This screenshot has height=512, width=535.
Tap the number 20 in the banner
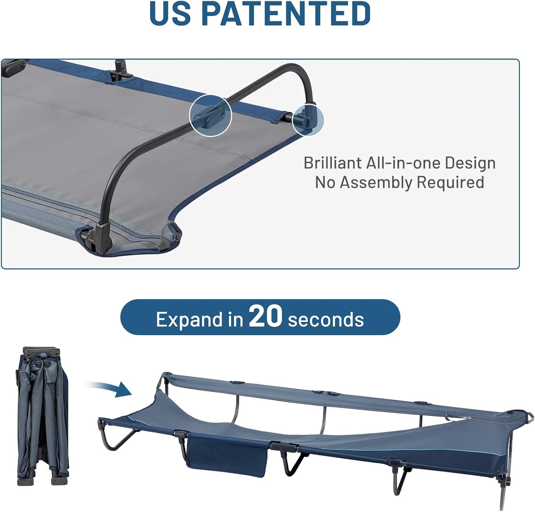click(x=265, y=316)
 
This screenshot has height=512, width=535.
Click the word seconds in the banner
click(x=326, y=319)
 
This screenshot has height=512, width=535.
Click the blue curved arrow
click(x=111, y=389)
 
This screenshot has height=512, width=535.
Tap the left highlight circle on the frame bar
click(x=210, y=116)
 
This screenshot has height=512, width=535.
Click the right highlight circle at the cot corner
click(x=308, y=119)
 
